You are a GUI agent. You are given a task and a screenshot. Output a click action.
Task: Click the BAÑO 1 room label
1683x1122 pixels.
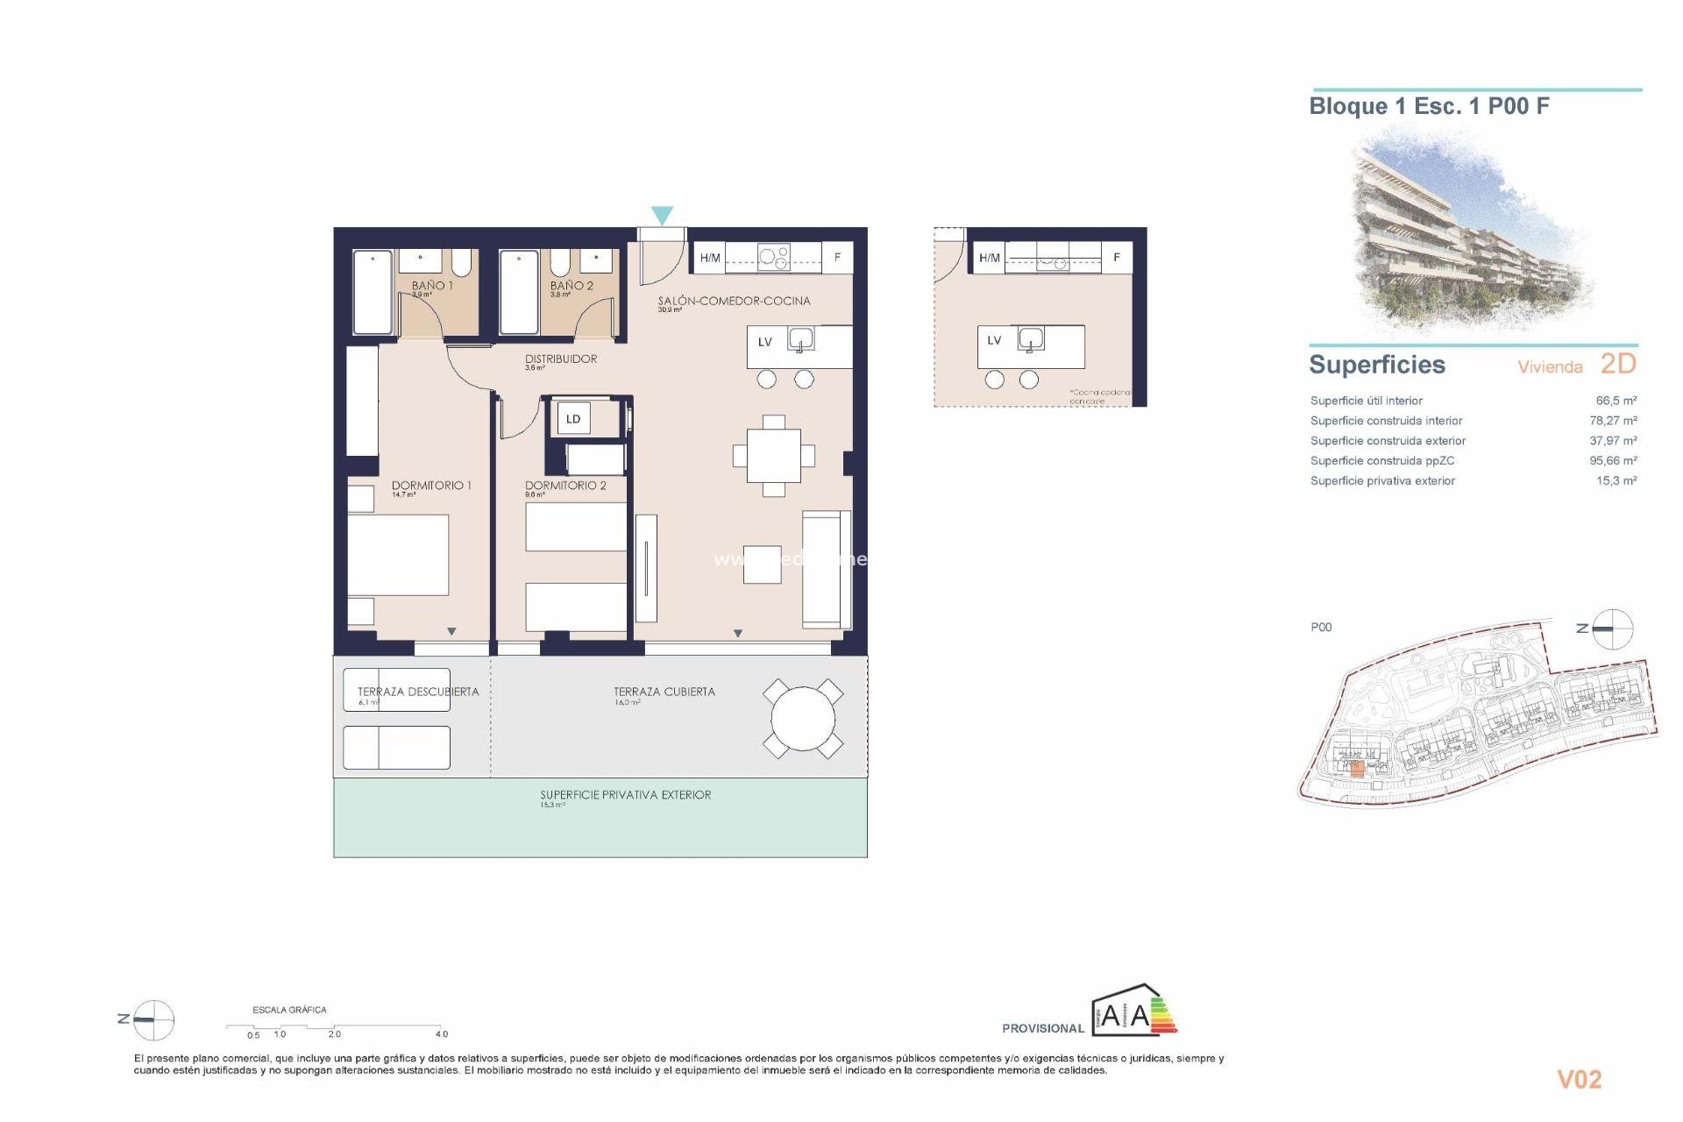click(432, 286)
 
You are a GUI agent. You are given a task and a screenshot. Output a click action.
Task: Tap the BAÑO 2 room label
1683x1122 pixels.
click(572, 286)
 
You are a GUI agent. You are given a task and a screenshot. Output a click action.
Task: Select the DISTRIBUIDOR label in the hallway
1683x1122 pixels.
click(561, 359)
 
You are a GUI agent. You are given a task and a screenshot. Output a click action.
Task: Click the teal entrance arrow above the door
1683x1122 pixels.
click(662, 215)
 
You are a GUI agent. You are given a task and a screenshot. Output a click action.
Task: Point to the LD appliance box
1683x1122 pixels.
click(573, 419)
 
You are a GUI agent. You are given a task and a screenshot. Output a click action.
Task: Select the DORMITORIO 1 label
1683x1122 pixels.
click(431, 485)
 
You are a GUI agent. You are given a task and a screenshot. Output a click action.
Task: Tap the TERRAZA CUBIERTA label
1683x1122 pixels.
click(664, 692)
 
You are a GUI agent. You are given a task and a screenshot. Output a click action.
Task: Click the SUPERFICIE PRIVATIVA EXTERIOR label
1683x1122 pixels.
click(625, 795)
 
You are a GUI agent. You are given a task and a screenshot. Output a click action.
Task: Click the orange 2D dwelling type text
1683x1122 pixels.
click(1618, 364)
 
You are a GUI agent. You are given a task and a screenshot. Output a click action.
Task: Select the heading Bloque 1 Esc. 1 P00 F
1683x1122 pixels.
click(1429, 107)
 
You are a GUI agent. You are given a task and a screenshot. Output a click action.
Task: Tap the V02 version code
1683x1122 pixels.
click(1579, 1080)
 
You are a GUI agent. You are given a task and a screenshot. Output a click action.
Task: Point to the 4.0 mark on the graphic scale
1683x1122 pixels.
click(442, 1034)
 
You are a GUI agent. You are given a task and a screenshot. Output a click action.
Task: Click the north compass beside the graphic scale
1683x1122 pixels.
click(153, 1019)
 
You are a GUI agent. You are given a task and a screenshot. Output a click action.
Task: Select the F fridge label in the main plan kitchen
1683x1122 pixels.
click(837, 258)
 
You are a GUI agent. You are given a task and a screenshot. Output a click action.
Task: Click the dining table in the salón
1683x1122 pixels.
click(773, 456)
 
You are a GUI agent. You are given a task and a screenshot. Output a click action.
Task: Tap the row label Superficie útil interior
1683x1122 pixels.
click(1366, 401)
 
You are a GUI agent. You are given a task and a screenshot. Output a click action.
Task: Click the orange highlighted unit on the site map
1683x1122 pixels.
click(1357, 770)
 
